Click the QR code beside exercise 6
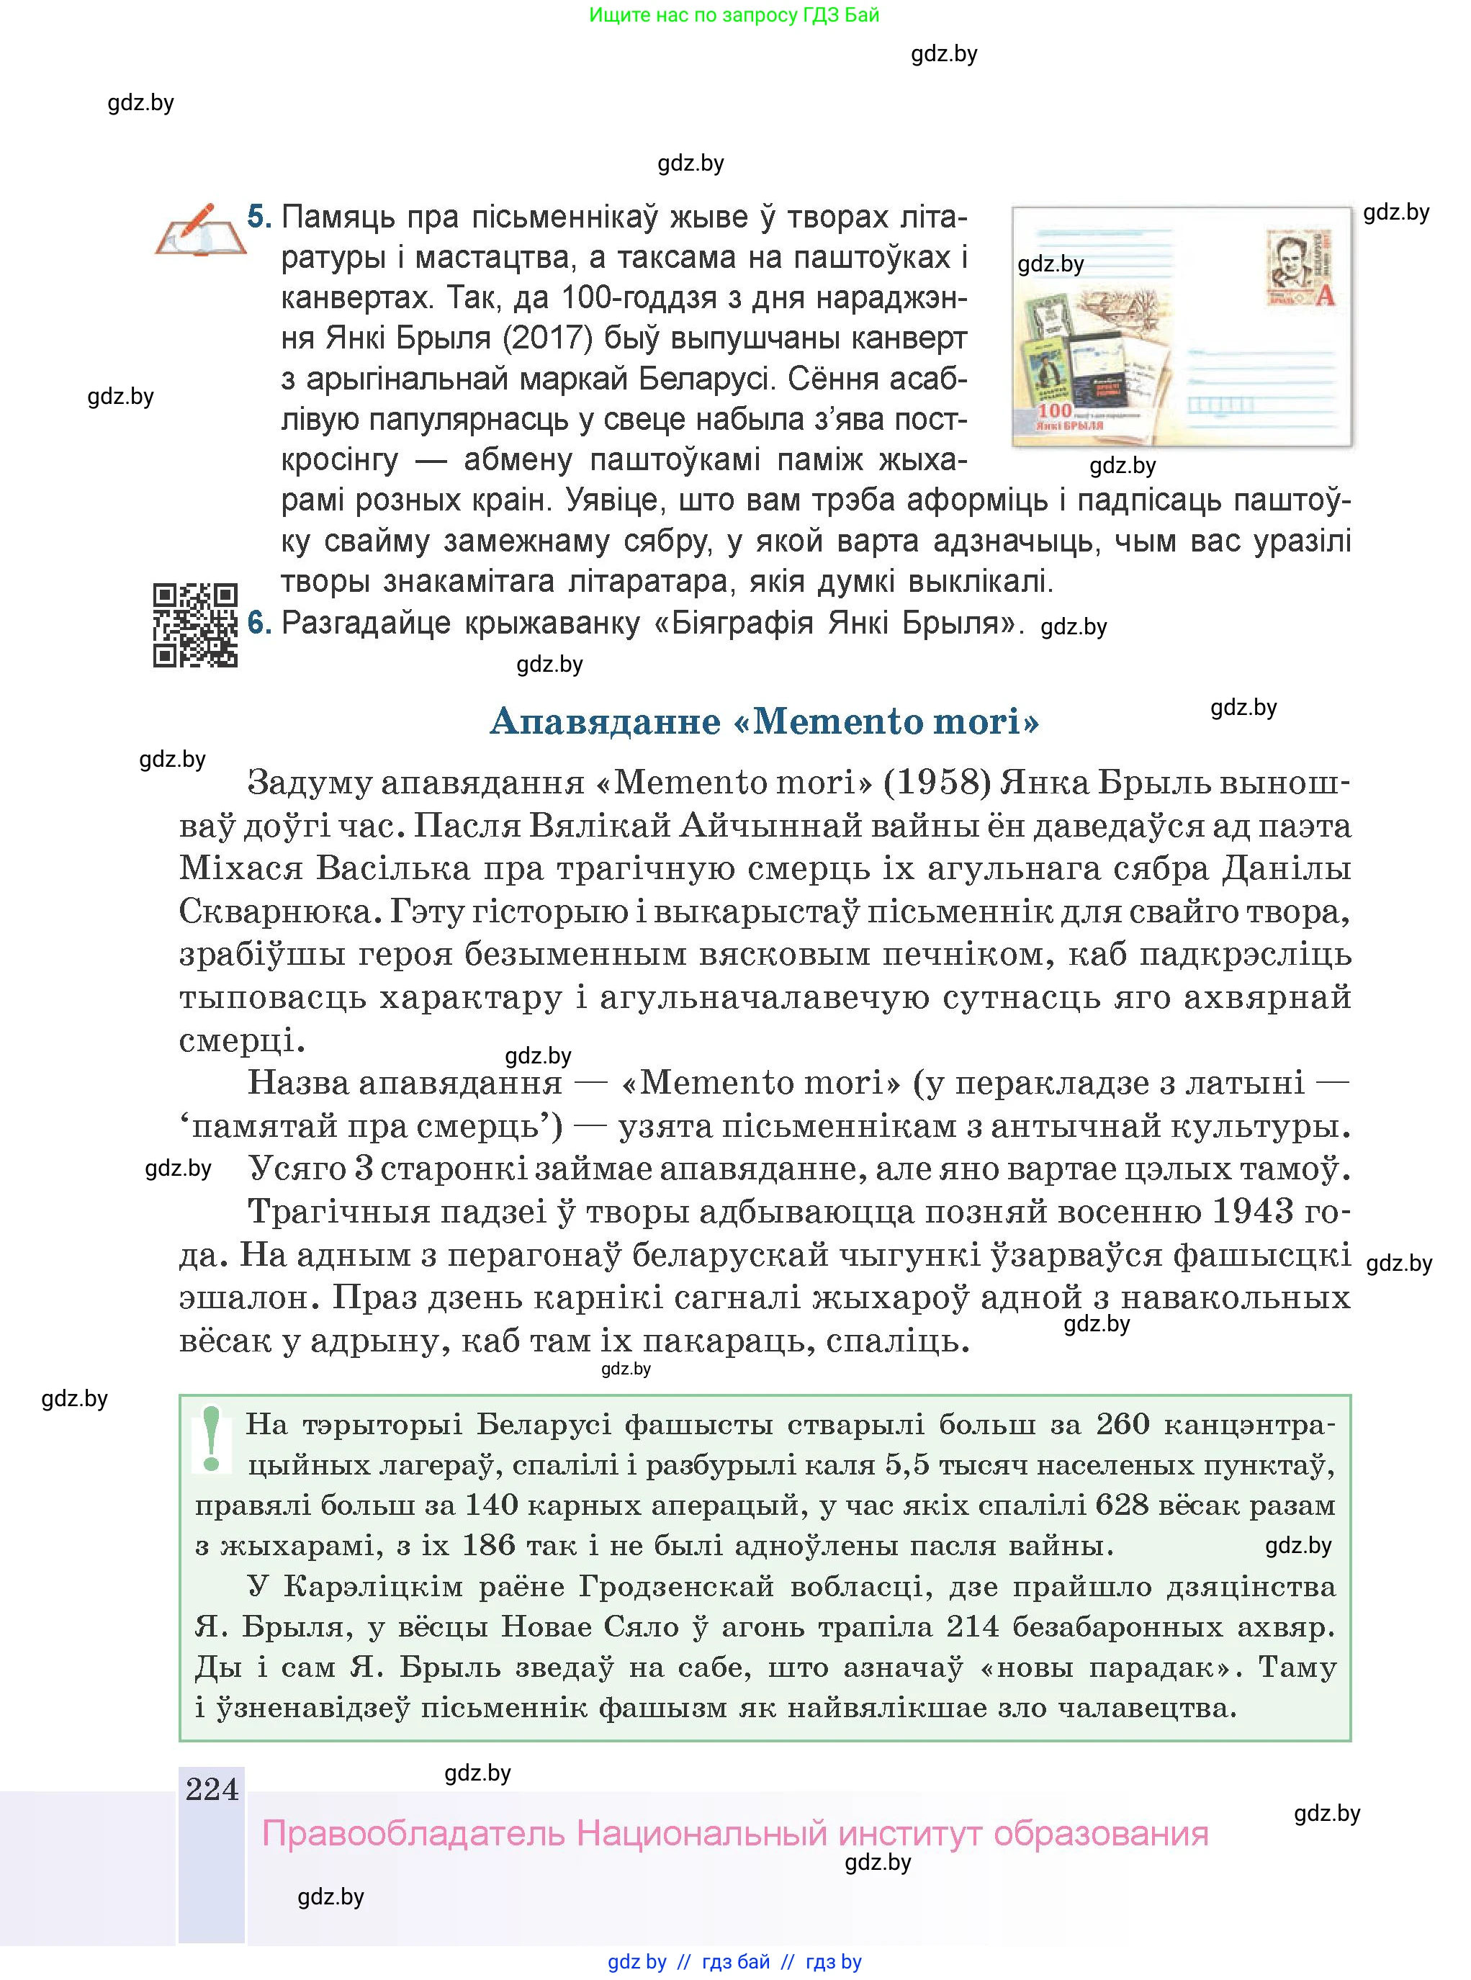tap(195, 625)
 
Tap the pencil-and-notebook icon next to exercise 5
tap(200, 230)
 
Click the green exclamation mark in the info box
tap(212, 1439)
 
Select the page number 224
tap(212, 1788)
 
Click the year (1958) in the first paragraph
tap(937, 783)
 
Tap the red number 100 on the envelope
tap(1054, 410)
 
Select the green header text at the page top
tap(734, 15)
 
